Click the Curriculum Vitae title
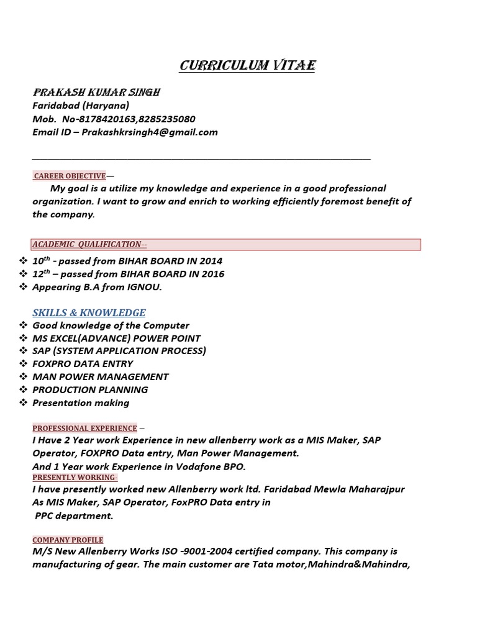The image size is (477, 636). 247,66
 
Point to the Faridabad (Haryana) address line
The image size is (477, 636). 81,105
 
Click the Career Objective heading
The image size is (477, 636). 70,176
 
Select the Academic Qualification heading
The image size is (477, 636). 89,244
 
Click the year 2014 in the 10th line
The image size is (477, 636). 211,261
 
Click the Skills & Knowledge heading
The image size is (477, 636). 89,312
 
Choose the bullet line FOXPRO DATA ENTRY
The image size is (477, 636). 83,364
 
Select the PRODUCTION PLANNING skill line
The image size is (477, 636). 90,389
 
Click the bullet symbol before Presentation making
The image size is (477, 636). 23,402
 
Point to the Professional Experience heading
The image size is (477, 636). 84,428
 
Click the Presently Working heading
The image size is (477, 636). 75,477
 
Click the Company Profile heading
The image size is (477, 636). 68,540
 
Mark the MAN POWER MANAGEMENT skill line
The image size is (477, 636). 100,376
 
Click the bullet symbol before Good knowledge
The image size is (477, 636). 23,325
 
